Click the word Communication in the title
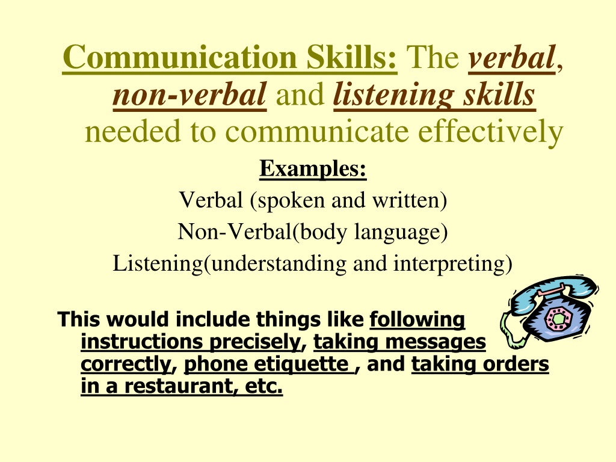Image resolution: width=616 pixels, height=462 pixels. click(179, 57)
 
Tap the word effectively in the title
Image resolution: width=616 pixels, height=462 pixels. click(491, 131)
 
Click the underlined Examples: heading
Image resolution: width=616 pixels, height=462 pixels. click(313, 169)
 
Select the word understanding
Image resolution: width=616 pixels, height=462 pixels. click(279, 263)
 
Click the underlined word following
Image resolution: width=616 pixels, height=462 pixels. click(417, 319)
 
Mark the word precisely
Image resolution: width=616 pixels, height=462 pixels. click(254, 342)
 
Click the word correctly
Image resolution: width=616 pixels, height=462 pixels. click(126, 364)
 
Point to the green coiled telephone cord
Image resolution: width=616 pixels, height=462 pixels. click(510, 330)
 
